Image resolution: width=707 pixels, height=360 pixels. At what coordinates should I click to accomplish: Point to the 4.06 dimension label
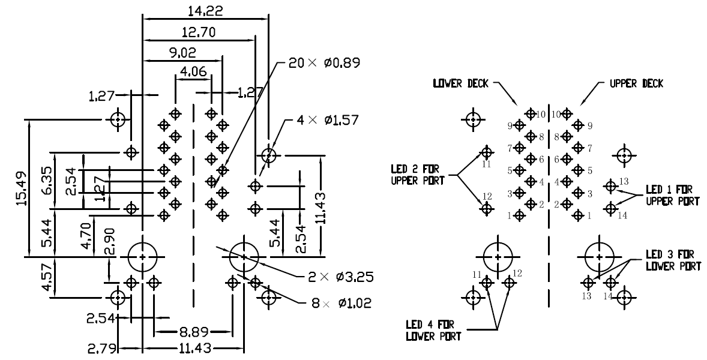[193, 72]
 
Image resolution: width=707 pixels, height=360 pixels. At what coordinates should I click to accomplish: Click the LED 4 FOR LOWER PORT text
[433, 331]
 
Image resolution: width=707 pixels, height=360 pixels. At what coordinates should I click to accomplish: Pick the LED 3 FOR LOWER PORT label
[672, 260]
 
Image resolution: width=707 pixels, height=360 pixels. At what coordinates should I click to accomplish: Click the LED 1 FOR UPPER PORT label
[672, 196]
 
